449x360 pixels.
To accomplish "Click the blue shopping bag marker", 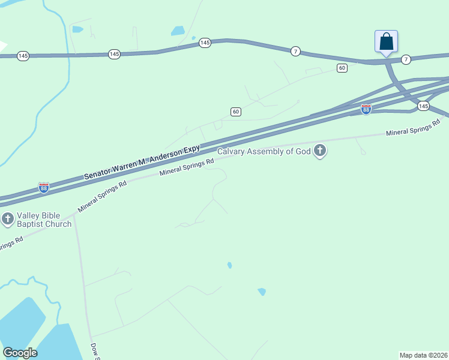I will click(387, 42).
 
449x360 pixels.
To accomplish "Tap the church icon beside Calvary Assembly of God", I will click(320, 151).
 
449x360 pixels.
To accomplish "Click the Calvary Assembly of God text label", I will click(264, 151).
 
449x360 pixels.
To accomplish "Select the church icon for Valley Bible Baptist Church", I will click(8, 218).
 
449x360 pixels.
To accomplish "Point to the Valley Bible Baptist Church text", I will click(44, 220).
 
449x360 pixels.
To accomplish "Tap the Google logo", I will click(20, 353).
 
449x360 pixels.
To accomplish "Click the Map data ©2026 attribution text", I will click(424, 355).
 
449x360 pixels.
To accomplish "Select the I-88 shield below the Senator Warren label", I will click(44, 188).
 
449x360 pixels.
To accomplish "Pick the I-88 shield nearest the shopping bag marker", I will click(366, 109).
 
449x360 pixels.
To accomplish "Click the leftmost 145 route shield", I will click(23, 56).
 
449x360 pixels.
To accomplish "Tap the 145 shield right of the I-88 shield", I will click(423, 106).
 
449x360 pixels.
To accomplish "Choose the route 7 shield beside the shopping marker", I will click(406, 59).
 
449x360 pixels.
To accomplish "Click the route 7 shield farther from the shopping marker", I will click(295, 52).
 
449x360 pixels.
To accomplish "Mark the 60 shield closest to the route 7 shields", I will click(342, 68).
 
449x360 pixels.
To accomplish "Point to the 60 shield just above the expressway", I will click(236, 112).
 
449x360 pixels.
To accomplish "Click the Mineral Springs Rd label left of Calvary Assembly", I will click(187, 167).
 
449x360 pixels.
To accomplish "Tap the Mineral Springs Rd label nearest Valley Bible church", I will click(102, 197).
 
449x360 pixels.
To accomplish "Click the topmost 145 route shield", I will click(205, 43).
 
